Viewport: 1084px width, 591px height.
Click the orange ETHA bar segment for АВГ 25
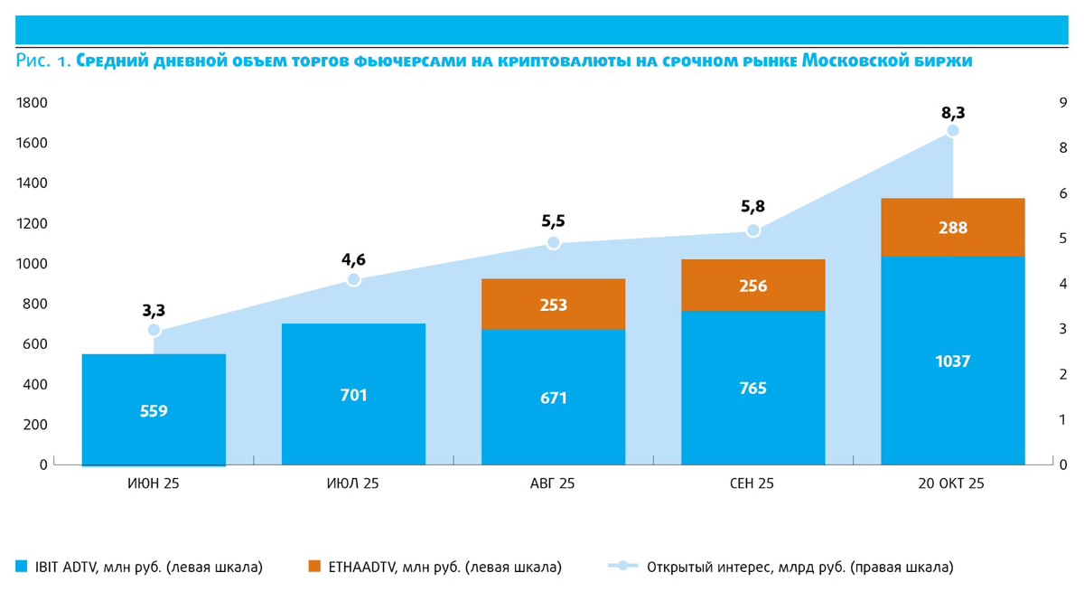553,305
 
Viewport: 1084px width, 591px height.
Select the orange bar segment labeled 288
952,228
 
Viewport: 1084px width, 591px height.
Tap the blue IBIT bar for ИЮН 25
154,409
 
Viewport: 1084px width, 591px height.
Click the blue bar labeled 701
353,394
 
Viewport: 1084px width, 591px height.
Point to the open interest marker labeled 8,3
952,131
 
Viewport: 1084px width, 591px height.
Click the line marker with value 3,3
154,330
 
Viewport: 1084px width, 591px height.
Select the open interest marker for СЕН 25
752,230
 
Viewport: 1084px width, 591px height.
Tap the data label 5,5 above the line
554,220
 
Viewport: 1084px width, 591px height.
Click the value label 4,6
353,260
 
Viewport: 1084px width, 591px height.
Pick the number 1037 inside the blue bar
952,361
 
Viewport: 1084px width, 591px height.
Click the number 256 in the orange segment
752,286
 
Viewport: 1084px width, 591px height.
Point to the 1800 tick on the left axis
32,103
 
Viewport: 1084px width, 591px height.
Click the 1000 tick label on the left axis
32,264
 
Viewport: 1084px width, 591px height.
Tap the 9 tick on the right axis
1063,103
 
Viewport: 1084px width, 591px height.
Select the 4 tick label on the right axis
1063,284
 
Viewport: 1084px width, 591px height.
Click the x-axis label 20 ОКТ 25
951,483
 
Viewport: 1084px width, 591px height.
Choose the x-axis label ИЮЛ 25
353,483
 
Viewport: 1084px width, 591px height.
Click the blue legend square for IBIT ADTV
22,567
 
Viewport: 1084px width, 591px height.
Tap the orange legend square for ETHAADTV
314,567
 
